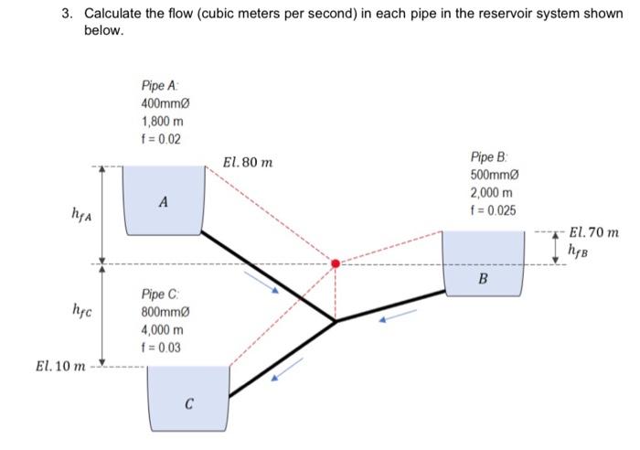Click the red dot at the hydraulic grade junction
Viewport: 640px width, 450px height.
click(336, 263)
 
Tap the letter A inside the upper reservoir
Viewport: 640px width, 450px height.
click(162, 201)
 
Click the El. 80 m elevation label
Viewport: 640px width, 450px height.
click(247, 164)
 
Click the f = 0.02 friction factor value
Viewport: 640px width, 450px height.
click(162, 139)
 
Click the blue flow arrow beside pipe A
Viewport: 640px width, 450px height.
click(260, 284)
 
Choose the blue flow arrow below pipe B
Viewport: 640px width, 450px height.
click(398, 316)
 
